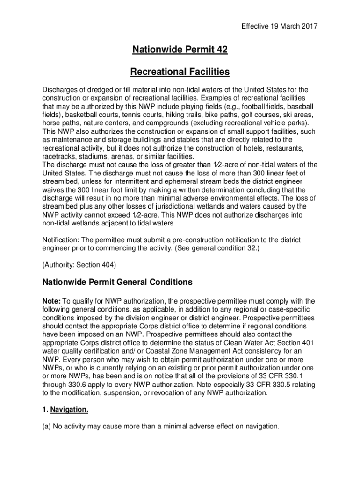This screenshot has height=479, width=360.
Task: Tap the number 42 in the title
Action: point(220,49)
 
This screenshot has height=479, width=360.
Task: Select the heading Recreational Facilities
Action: point(180,72)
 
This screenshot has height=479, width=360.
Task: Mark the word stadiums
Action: point(98,157)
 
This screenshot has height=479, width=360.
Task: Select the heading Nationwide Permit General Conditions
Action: point(117,283)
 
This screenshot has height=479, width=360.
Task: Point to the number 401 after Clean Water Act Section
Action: point(306,343)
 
